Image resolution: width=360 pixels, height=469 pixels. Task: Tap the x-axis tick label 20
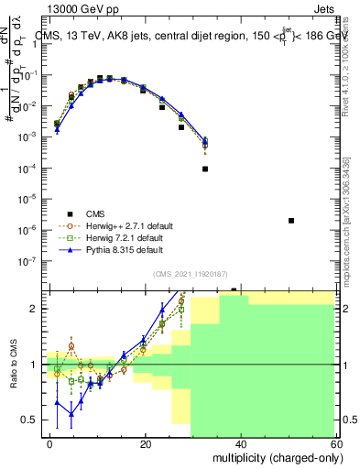pyautogui.click(x=145, y=442)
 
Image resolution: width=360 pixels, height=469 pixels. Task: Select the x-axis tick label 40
pyautogui.click(x=239, y=442)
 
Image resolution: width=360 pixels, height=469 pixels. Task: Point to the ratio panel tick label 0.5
pyautogui.click(x=28, y=420)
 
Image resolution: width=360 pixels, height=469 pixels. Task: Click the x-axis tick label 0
pyautogui.click(x=50, y=442)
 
